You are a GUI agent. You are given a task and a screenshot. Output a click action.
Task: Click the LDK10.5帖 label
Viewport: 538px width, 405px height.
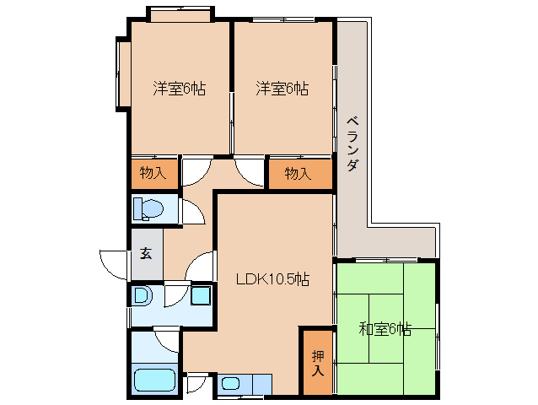tap(272, 279)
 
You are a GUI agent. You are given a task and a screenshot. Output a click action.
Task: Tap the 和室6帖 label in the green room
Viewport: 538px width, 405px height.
tap(385, 329)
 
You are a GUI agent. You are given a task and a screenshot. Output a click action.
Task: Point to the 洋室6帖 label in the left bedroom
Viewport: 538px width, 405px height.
tap(180, 88)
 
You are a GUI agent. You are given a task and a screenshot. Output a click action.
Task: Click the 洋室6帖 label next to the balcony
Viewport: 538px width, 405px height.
tap(282, 88)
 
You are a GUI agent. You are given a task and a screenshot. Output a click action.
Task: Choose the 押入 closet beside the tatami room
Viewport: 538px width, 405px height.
tap(317, 361)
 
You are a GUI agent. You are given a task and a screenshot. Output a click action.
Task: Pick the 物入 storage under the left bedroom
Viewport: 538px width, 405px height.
tap(153, 174)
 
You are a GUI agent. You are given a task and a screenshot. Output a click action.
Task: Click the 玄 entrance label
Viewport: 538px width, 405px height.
tap(146, 253)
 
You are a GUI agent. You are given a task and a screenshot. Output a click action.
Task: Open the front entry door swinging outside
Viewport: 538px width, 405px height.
tap(112, 263)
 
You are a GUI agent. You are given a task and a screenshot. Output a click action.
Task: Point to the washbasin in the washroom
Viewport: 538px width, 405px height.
tap(143, 296)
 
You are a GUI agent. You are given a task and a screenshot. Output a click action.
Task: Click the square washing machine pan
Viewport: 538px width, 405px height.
tap(201, 296)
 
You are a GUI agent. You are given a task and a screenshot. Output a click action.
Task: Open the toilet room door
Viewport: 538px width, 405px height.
tap(191, 211)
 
